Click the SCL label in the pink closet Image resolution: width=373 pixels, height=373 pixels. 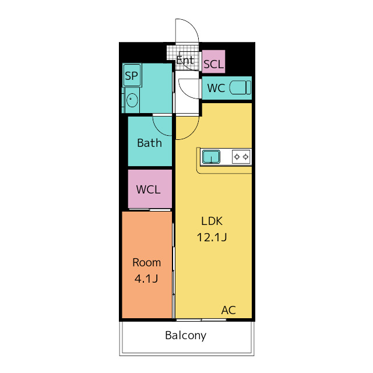(x=214, y=64)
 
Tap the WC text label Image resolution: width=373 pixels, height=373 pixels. (x=216, y=88)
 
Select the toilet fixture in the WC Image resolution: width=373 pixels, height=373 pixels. (x=240, y=87)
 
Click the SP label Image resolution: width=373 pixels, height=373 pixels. (x=131, y=76)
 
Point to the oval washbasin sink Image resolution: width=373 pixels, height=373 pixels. (x=132, y=100)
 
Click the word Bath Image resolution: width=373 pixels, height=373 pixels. (x=149, y=143)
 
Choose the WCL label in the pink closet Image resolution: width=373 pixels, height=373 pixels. (x=148, y=189)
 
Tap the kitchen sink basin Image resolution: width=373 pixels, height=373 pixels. (x=211, y=157)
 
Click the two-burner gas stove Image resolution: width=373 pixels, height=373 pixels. (x=241, y=157)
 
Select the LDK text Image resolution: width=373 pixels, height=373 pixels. (x=212, y=221)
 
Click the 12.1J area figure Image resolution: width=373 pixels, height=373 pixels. (x=212, y=237)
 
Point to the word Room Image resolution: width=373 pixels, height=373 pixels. (x=146, y=263)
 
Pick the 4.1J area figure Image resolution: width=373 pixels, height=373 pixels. (x=146, y=279)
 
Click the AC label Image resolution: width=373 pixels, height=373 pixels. (x=228, y=310)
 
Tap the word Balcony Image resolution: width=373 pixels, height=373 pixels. (x=186, y=336)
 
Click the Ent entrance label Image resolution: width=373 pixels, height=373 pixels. (x=185, y=60)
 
